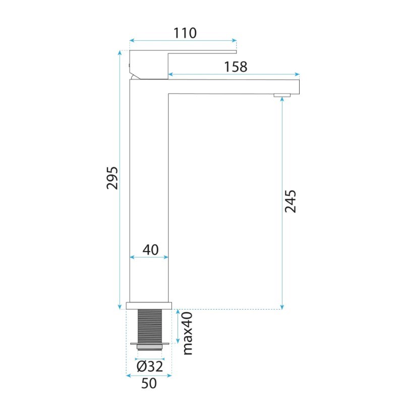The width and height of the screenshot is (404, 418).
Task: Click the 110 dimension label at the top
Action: [x=185, y=33]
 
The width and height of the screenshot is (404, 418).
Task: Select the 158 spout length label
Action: [x=236, y=67]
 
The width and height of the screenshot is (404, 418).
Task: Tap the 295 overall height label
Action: [x=112, y=178]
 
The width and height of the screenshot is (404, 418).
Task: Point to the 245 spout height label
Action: [x=291, y=201]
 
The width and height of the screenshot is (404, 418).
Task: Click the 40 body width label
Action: [x=150, y=250]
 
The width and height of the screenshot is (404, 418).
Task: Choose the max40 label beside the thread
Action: [x=188, y=333]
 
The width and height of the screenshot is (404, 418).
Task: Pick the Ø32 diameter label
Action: [x=150, y=367]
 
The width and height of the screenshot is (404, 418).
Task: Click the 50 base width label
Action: [x=149, y=383]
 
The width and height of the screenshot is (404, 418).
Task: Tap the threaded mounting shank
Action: [x=150, y=326]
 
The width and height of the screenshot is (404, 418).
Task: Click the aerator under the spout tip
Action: [x=282, y=95]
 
